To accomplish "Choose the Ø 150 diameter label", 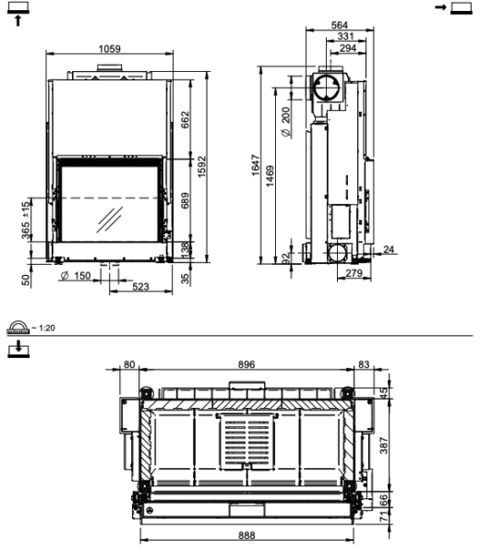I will [75, 277].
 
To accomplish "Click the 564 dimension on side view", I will [341, 26].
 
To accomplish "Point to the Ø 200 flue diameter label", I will [286, 122].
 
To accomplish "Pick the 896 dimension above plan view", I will [246, 365].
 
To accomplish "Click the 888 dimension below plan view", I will [246, 534].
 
